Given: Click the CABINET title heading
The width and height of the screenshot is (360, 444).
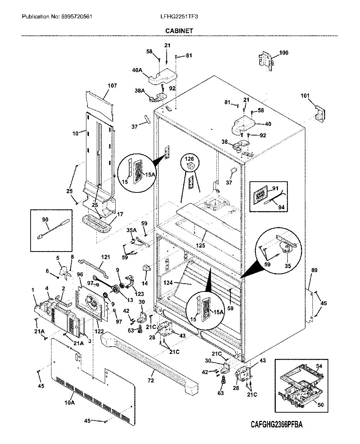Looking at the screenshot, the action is (179, 31).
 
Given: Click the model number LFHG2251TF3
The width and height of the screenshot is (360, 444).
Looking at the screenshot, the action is (179, 17).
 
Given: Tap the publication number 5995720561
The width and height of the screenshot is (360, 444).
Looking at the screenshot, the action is (77, 17).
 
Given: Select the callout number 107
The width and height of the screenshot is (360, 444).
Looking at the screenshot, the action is (112, 85).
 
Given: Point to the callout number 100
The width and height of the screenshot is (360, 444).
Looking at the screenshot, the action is (284, 53).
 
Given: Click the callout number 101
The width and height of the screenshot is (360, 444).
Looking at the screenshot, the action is (305, 96).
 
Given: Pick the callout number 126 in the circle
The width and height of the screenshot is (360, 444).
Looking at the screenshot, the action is (189, 159).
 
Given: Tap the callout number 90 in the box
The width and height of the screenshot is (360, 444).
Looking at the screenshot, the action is (45, 219).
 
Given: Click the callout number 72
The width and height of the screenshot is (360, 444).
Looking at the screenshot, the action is (151, 381).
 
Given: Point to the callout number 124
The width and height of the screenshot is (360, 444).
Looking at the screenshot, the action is (168, 283).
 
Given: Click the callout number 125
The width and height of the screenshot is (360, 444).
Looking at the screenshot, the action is (200, 245).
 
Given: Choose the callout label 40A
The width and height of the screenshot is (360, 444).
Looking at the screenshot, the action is (137, 70).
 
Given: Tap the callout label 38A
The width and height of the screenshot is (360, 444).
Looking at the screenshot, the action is (140, 90).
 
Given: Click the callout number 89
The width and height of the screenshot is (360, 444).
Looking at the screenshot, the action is (314, 270).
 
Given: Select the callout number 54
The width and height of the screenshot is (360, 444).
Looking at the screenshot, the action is (319, 366).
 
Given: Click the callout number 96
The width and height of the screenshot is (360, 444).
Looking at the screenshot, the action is (80, 274).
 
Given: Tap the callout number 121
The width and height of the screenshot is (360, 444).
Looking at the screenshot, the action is (105, 257).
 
